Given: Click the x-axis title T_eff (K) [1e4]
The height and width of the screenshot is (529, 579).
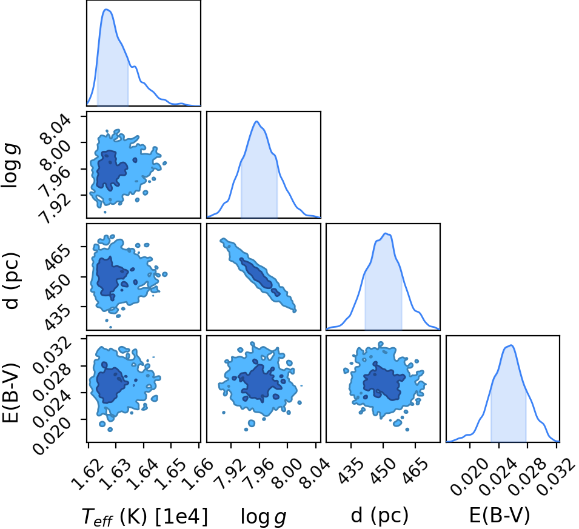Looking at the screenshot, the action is (145, 516).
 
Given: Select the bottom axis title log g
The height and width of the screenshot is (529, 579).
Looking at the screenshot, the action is (264, 516).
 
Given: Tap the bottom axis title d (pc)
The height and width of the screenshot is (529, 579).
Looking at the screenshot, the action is (380, 515).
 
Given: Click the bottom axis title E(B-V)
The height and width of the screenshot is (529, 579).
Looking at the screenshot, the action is (499, 515).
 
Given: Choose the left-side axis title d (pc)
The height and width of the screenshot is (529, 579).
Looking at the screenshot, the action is (11, 281).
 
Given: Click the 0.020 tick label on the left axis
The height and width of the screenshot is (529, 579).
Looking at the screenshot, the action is (52, 434).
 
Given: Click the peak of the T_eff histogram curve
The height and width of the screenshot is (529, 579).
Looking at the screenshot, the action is (107, 9).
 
